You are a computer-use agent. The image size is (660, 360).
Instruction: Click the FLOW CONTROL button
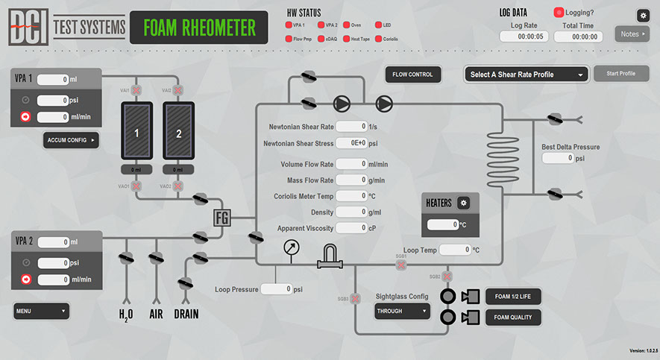click(413, 75)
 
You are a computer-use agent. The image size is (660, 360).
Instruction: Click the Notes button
click(632, 34)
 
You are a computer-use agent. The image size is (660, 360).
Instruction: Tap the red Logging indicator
click(559, 13)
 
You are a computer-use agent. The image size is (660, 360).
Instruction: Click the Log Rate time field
click(524, 37)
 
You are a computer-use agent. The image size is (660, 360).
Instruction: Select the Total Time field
click(578, 37)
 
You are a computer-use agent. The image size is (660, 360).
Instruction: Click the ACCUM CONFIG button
click(71, 140)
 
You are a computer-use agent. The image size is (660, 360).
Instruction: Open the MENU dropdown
click(42, 311)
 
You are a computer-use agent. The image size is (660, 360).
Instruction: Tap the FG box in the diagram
click(223, 218)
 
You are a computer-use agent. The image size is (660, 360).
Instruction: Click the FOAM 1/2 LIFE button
click(512, 296)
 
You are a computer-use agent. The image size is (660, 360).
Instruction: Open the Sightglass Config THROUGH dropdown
click(403, 312)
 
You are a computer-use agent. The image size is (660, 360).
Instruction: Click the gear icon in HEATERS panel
click(463, 203)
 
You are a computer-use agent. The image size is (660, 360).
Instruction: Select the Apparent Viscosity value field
click(351, 228)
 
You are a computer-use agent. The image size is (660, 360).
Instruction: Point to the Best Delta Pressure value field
click(559, 158)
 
